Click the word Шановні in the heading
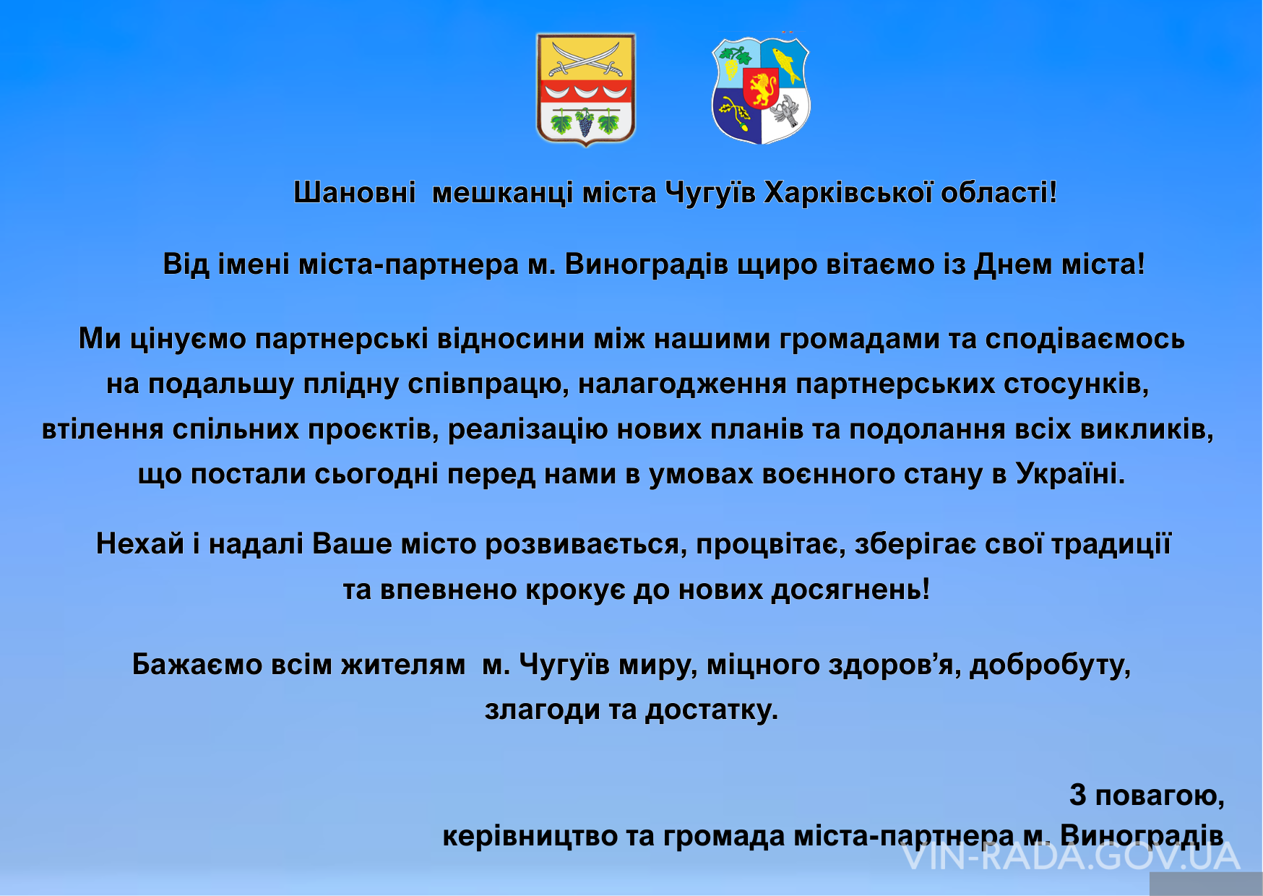[x=355, y=192]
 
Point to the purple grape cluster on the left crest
[x=585, y=122]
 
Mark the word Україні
[x=1070, y=474]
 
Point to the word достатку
[x=711, y=710]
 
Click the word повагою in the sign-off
[x=1160, y=796]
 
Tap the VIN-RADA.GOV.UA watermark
[x=1071, y=856]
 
